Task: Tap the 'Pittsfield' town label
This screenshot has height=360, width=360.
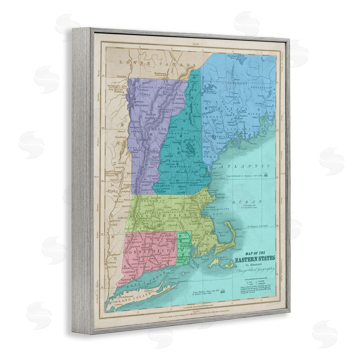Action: tap(126, 206)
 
